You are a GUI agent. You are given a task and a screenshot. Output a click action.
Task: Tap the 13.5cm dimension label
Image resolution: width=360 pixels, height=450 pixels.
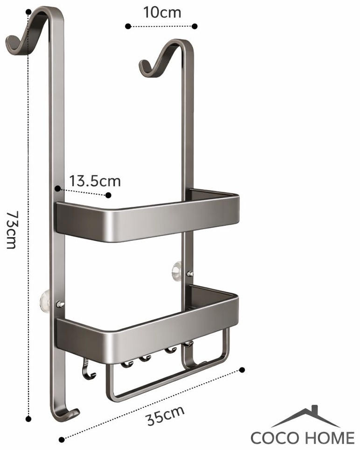tap(95, 181)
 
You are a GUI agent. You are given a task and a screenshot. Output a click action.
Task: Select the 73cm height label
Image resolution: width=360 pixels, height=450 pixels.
tap(13, 230)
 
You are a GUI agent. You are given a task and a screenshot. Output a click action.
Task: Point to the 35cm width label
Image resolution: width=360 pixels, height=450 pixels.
tap(166, 415)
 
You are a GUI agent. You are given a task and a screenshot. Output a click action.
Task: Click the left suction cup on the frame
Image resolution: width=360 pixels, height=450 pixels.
tap(44, 302)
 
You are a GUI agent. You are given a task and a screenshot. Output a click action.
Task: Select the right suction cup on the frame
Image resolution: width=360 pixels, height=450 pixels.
tap(176, 271)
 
